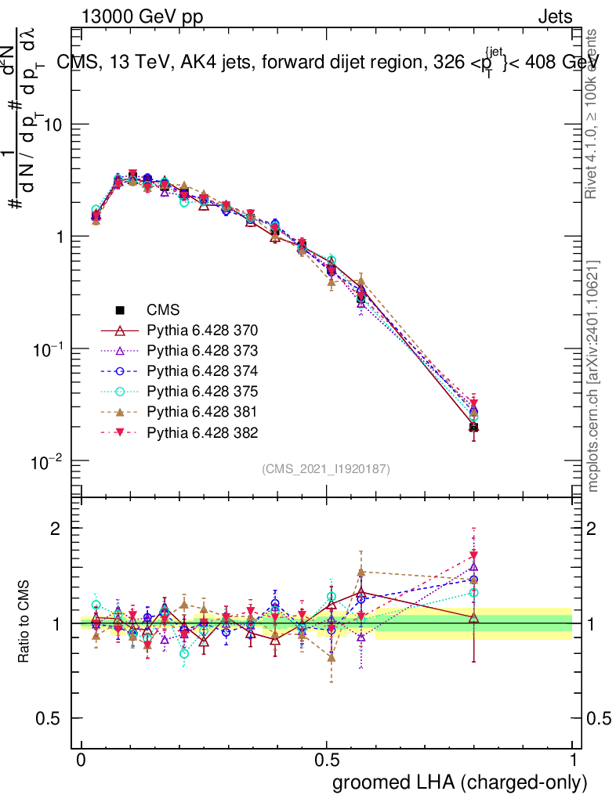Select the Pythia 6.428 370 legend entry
(x=203, y=330)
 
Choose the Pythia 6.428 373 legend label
(x=203, y=350)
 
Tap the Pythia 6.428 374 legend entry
(x=203, y=370)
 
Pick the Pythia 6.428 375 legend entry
(x=203, y=391)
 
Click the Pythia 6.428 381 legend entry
(x=203, y=411)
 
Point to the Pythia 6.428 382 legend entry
(x=203, y=432)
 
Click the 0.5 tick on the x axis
(x=327, y=760)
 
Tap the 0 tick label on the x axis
(x=81, y=760)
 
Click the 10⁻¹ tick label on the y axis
(x=49, y=349)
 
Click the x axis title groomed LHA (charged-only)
(x=461, y=782)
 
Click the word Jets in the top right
(x=554, y=16)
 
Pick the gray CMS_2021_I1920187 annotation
(x=326, y=468)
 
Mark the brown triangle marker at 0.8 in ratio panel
(x=473, y=580)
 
